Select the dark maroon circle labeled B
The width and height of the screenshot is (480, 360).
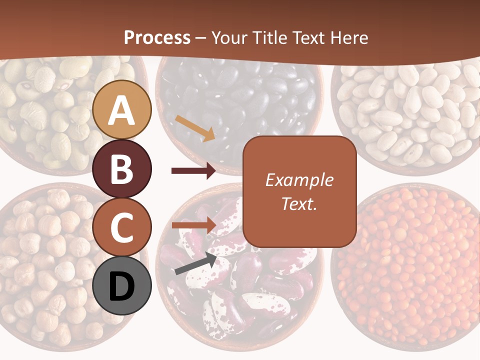click(x=122, y=168)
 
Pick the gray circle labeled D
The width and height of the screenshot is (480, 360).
click(x=122, y=285)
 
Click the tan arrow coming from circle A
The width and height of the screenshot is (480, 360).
click(x=195, y=128)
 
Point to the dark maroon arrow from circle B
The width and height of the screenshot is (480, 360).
click(x=193, y=171)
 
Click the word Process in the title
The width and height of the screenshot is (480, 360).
click(x=157, y=37)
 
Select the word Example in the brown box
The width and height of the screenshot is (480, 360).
click(x=299, y=180)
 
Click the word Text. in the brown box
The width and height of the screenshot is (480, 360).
click(x=299, y=203)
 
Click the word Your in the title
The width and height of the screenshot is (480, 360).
click(x=229, y=37)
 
